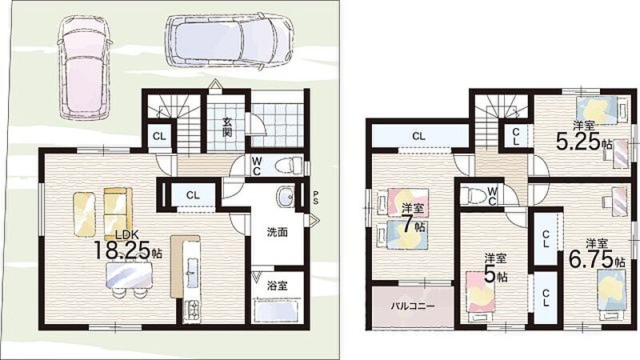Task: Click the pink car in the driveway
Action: coord(85,67)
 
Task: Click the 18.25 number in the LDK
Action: coord(121,250)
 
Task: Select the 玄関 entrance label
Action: coord(227,126)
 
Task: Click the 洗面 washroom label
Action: coord(278,232)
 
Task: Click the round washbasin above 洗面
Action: coord(286,197)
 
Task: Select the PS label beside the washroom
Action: coord(315,198)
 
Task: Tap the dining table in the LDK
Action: coord(129,274)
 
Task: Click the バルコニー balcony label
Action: coord(413,306)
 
